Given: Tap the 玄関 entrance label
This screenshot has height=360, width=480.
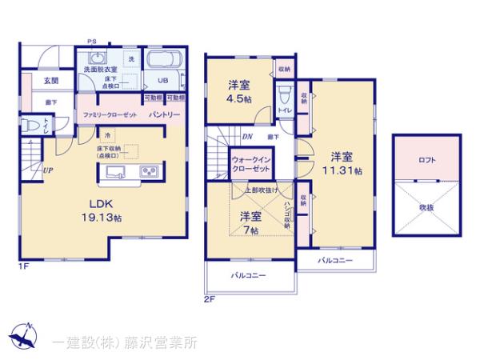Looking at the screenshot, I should click(50, 81).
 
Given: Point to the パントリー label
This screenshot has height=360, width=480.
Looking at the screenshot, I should click(163, 115).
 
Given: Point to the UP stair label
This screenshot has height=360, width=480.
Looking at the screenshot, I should click(49, 170).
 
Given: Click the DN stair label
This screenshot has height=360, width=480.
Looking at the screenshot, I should click(247, 137).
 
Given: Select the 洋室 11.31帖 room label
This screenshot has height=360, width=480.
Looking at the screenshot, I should click(343, 163).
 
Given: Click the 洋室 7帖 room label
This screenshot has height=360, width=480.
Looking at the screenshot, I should click(250, 222).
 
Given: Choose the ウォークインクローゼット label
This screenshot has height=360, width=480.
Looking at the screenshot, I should click(250, 163).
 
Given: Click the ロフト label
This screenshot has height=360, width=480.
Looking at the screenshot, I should click(427, 160).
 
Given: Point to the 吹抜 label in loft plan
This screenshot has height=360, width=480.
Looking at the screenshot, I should click(427, 206).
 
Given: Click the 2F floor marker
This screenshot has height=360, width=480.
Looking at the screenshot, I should click(209, 299).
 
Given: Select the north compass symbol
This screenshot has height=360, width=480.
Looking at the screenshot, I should click(23, 337).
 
